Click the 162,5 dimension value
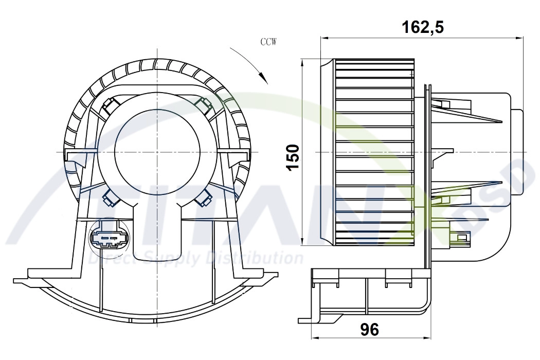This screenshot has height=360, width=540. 422,27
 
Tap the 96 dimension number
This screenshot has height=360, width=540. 369,330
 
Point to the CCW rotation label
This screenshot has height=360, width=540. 268,43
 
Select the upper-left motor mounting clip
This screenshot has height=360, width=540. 111,105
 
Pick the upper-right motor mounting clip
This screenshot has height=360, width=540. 204,105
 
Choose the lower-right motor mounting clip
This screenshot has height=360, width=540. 204,196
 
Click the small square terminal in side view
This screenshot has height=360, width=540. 462,237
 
